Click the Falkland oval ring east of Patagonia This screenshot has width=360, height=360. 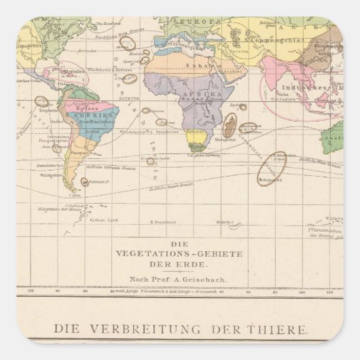pos(85,183)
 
